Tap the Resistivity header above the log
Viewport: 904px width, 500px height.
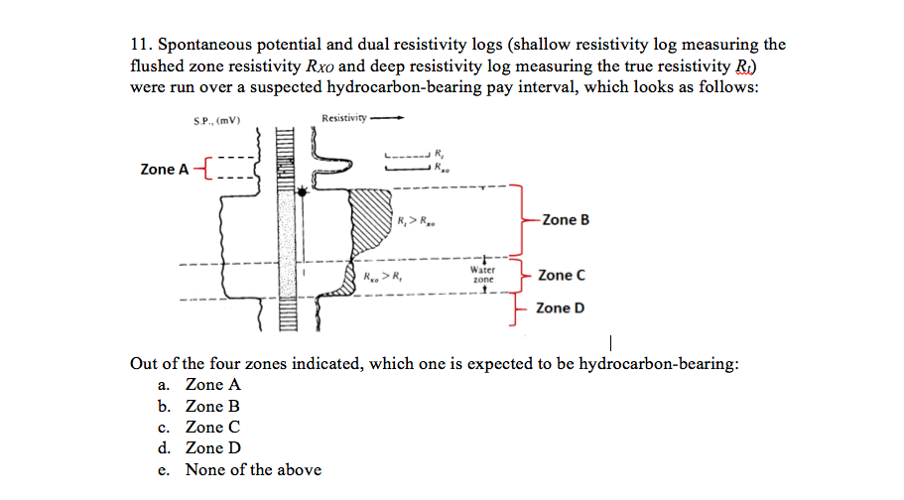point(343,120)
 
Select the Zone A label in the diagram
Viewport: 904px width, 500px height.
point(164,169)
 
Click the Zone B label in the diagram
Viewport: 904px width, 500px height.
point(565,219)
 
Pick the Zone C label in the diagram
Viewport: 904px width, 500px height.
point(561,275)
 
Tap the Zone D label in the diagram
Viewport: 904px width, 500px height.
point(560,308)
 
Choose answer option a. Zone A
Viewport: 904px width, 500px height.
point(212,385)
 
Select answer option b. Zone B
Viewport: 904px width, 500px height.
point(212,406)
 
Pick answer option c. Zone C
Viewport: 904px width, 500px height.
point(212,427)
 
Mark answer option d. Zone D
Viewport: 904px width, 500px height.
point(212,447)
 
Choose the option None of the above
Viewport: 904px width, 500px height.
point(252,469)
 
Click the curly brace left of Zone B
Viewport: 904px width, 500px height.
point(517,219)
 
